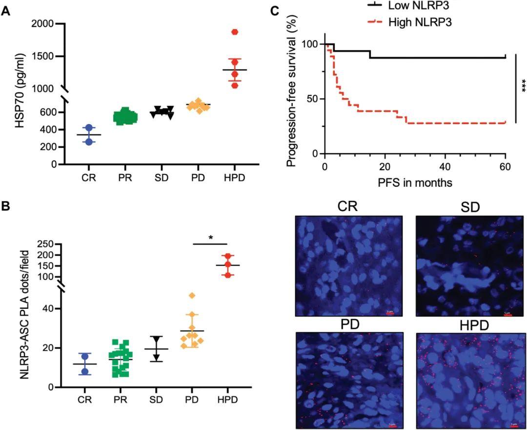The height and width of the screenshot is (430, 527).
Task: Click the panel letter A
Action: click(5, 11)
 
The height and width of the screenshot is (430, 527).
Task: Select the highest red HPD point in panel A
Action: click(235, 32)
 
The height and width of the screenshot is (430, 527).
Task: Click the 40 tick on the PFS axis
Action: click(445, 166)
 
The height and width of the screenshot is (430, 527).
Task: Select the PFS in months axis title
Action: click(415, 183)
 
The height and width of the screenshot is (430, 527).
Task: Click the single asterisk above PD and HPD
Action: click(210, 237)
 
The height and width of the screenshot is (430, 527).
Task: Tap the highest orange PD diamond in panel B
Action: click(192, 296)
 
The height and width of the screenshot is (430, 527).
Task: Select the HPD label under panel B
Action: click(228, 399)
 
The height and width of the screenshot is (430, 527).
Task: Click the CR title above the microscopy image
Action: click(348, 206)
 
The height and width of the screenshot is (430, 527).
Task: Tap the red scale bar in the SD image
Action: click(507, 315)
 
